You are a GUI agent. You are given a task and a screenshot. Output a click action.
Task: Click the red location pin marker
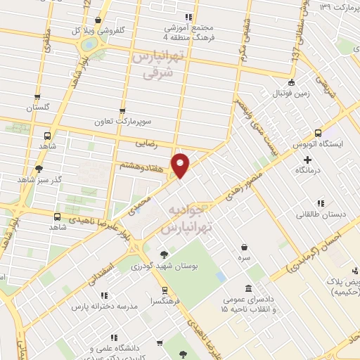click(181, 165)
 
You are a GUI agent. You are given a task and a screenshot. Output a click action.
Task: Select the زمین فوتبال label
click(290, 93)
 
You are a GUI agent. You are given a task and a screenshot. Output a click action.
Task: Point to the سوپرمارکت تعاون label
click(125, 121)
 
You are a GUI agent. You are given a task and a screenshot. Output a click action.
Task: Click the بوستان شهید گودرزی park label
click(164, 267)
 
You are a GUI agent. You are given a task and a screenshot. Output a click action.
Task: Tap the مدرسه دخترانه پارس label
click(104, 308)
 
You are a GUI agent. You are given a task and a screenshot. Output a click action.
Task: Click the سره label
click(244, 259)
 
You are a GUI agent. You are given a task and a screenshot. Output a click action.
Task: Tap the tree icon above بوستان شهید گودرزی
click(164, 255)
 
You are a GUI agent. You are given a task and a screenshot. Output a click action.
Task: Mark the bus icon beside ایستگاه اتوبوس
click(319, 133)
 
